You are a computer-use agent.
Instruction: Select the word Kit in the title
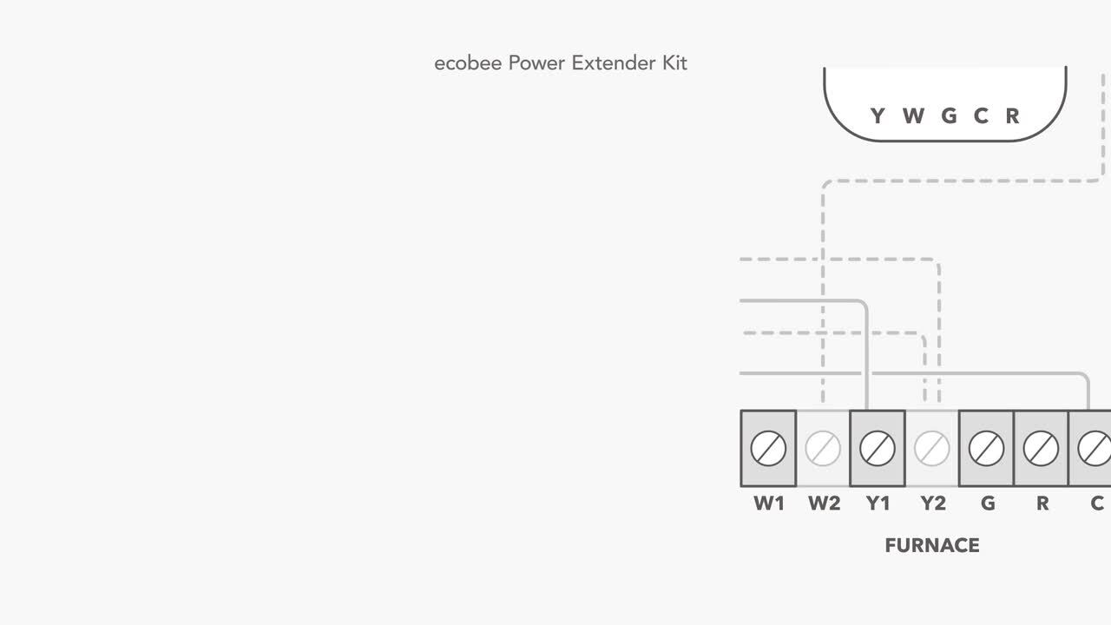[673, 63]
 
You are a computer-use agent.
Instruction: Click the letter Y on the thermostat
[877, 115]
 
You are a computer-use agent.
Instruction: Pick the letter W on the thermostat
[912, 115]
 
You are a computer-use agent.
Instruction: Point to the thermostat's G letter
[949, 115]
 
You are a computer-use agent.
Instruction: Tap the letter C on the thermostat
[981, 115]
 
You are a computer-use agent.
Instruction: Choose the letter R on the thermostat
[1012, 115]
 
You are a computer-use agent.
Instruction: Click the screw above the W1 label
[768, 449]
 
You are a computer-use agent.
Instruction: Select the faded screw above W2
[823, 449]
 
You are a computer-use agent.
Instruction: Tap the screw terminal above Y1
[878, 449]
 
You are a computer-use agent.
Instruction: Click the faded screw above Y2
[932, 449]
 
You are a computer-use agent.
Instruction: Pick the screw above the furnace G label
[987, 449]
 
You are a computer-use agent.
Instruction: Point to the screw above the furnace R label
[1042, 449]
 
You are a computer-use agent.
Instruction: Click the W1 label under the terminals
[769, 503]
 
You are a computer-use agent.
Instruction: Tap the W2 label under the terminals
[824, 503]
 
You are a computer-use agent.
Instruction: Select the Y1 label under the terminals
[878, 503]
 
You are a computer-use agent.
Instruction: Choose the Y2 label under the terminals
[932, 503]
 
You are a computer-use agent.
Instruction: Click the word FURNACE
[932, 545]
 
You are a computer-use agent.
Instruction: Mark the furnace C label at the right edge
[1097, 503]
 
